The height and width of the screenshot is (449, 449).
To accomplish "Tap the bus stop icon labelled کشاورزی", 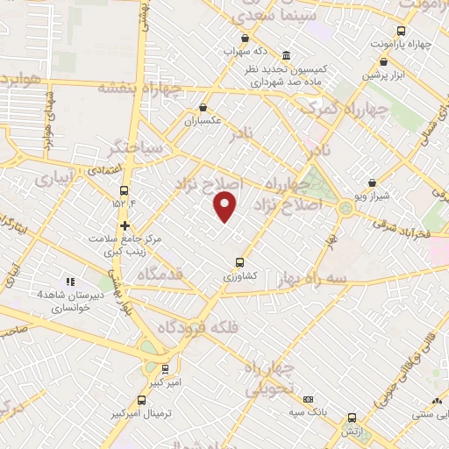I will [239, 262].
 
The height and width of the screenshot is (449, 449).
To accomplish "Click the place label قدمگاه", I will [160, 274].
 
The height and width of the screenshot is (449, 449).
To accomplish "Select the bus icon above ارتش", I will [353, 418].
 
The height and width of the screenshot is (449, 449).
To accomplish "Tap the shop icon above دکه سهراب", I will [245, 38].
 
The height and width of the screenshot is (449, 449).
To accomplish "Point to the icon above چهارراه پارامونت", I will [388, 61].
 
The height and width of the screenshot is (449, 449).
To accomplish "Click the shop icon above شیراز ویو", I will [372, 183].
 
